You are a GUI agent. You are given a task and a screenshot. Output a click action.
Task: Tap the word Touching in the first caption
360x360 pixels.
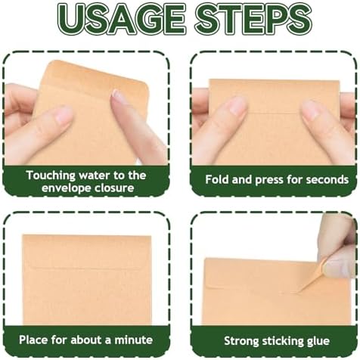51,175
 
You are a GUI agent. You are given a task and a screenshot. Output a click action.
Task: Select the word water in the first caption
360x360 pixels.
95,175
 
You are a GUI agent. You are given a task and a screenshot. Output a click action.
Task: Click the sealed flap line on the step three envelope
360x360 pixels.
85,268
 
